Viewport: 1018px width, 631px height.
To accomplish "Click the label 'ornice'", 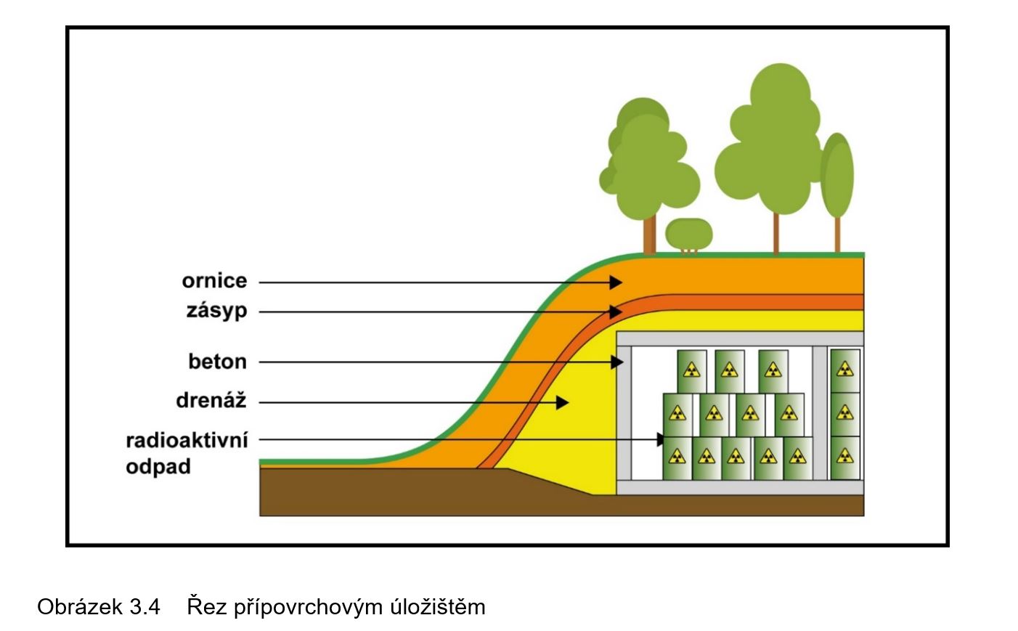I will [x=214, y=281].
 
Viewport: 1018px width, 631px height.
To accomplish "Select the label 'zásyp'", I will [x=216, y=311].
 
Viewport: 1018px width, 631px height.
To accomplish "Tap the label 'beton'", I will [x=217, y=362].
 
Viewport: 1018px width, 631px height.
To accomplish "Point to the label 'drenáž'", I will [x=211, y=401].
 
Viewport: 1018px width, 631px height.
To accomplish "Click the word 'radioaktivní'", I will [x=187, y=440].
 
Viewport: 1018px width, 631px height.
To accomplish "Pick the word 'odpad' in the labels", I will [x=158, y=466].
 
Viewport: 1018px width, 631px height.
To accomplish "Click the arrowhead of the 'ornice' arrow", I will [x=616, y=282].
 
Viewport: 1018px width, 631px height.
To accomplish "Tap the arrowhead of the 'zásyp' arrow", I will [x=616, y=312].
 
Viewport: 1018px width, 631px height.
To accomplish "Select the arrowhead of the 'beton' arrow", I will [x=617, y=362].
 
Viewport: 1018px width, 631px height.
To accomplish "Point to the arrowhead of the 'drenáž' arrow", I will [x=562, y=402].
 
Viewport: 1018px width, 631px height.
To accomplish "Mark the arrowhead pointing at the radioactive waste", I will [x=661, y=439].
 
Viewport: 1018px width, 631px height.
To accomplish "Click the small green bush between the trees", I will [x=689, y=233].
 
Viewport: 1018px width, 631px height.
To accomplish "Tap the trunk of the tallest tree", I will [x=776, y=232].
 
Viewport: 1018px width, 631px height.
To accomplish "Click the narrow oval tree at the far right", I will [x=837, y=176].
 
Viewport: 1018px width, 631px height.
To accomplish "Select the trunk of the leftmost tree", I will [x=649, y=235].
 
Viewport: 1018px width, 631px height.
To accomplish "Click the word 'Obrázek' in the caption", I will [x=79, y=606].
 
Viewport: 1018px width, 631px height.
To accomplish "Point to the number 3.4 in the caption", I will [x=144, y=606].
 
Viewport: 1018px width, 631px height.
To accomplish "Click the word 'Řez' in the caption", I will [x=206, y=606].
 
